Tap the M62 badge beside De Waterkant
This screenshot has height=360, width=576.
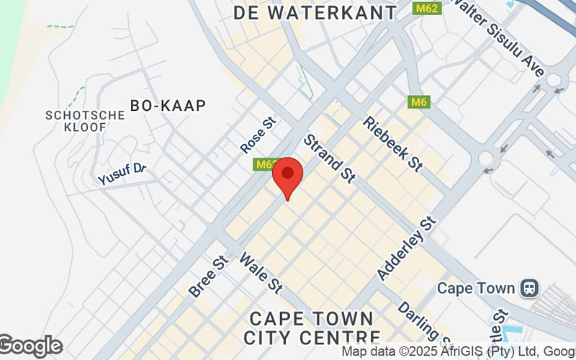426,9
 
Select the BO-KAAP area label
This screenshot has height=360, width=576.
168,105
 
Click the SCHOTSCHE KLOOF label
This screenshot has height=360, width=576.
76,121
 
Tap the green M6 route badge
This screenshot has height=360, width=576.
419,102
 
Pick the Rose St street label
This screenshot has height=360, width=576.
258,135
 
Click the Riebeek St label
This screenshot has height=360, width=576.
392,144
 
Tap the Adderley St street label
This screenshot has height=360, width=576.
408,248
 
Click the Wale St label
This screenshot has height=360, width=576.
260,272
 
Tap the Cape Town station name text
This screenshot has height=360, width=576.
476,288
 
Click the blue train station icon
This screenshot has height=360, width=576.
531,288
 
